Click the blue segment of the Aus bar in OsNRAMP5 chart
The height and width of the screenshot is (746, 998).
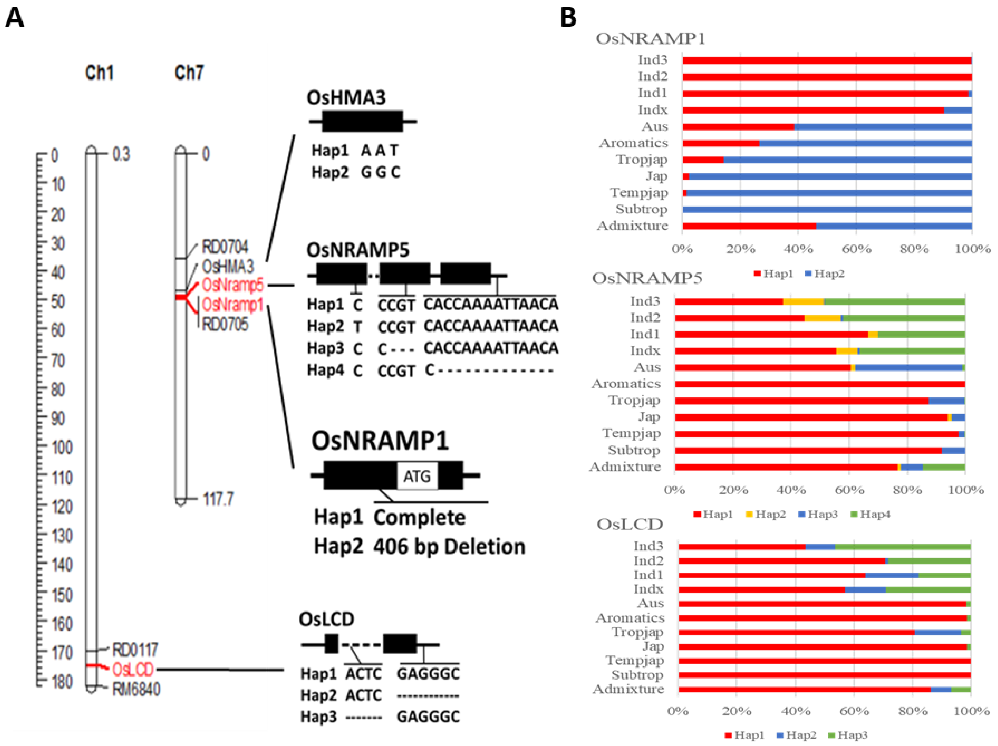(908, 368)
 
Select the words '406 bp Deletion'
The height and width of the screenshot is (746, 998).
(449, 547)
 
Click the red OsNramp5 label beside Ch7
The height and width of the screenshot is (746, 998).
(232, 285)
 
